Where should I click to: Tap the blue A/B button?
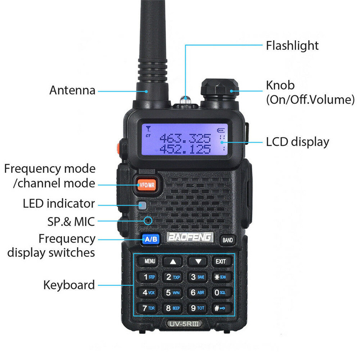[151, 239]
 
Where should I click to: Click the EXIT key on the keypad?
[220, 261]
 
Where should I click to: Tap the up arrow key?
[173, 262]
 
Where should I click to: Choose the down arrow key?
[198, 262]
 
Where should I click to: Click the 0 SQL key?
[220, 292]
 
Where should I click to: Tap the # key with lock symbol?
[220, 308]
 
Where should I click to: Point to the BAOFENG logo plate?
[190, 237]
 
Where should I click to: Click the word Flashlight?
[292, 45]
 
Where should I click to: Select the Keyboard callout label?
[69, 285]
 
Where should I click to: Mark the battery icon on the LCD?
[221, 130]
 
